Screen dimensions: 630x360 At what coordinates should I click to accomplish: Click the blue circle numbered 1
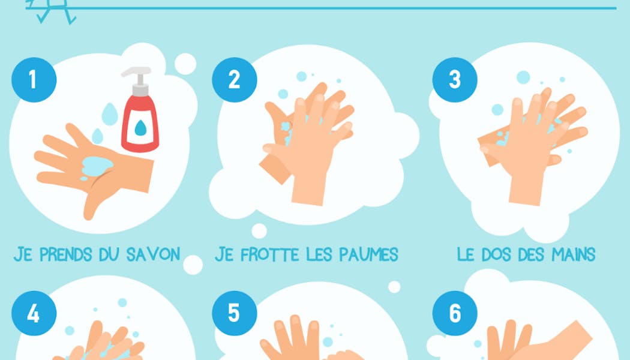pyautogui.click(x=34, y=80)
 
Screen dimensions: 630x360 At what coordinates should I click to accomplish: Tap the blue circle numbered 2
pyautogui.click(x=234, y=80)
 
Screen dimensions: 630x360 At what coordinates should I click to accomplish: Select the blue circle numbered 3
pyautogui.click(x=455, y=80)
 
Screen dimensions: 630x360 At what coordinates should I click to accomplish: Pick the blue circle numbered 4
pyautogui.click(x=34, y=313)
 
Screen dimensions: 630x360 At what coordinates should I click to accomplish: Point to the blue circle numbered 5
pyautogui.click(x=234, y=313)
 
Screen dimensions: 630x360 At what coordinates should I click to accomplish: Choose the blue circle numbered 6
pyautogui.click(x=455, y=313)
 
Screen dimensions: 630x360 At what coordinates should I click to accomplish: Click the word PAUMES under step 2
pyautogui.click(x=368, y=254)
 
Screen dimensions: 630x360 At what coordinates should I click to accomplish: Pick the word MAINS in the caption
pyautogui.click(x=574, y=254)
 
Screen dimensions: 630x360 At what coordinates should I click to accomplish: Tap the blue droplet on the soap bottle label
pyautogui.click(x=140, y=128)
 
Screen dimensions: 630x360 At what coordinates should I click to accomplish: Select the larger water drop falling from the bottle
pyautogui.click(x=110, y=114)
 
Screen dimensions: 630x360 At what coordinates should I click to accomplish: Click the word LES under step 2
pyautogui.click(x=319, y=254)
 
